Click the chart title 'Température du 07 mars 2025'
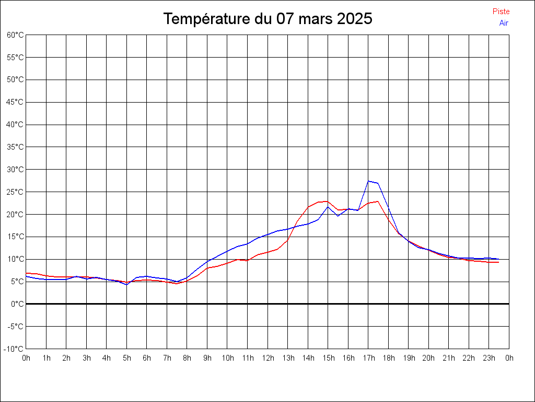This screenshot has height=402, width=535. pos(267,19)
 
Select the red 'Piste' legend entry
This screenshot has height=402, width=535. pos(501,12)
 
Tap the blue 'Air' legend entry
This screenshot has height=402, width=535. pos(504,23)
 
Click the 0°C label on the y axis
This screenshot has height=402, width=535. pos(18,304)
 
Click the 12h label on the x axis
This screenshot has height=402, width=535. pos(267,359)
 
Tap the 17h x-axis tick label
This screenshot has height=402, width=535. pos(368,359)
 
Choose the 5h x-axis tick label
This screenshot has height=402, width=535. pos(126,359)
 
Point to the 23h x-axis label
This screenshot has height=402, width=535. pos(489,359)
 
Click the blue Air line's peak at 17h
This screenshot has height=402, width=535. pos(368,181)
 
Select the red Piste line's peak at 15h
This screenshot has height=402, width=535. pos(327,201)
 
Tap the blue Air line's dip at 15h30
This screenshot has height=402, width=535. pos(338,216)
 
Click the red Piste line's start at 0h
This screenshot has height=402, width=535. pos(27,273)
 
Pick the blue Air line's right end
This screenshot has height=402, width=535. pos(498,259)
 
